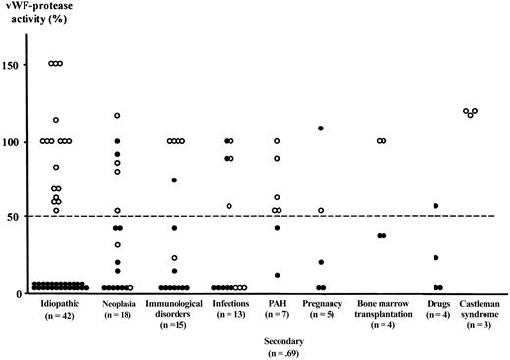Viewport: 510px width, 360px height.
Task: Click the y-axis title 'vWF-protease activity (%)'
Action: coord(39,16)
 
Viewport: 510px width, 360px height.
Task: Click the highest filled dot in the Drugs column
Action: coord(435,206)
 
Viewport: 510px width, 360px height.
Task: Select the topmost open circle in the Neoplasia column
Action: coord(116,116)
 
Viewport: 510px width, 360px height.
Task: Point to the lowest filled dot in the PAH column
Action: coord(277,275)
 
